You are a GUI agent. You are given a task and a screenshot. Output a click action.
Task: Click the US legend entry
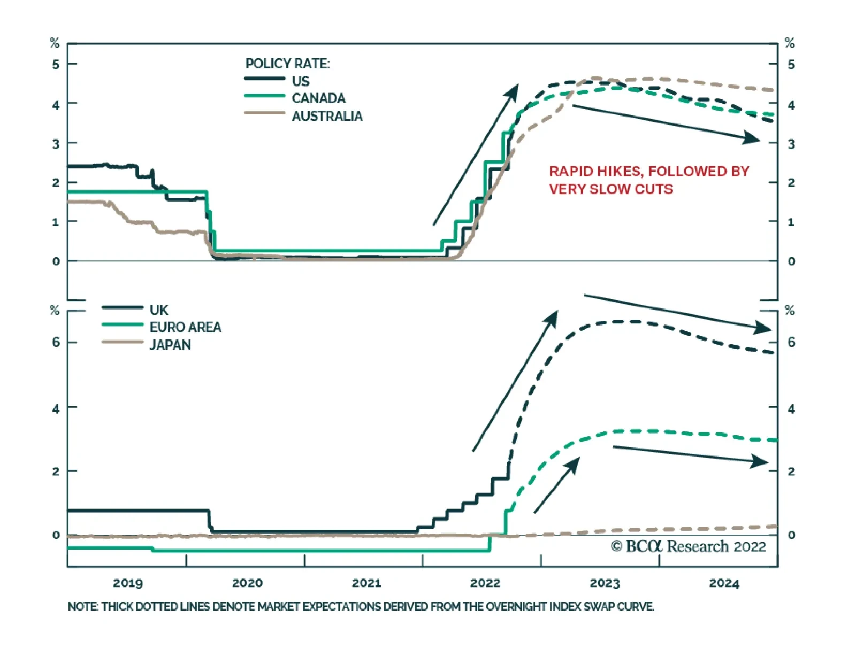coord(300,81)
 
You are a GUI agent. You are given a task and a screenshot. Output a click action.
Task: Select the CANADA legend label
coord(318,98)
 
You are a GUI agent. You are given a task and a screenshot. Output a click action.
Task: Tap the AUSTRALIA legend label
coord(327,116)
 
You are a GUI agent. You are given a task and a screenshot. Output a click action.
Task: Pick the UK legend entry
coord(159,310)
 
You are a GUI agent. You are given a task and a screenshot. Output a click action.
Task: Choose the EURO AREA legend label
coord(185,327)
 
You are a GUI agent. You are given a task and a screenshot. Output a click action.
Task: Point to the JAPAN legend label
coord(170,345)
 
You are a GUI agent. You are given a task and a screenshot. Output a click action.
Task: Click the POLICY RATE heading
coord(287,64)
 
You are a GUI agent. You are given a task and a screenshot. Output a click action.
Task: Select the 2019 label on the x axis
coord(128,583)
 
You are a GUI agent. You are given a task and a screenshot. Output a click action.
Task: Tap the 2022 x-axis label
coord(485,583)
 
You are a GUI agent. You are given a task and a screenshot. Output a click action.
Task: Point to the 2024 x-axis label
coord(724,583)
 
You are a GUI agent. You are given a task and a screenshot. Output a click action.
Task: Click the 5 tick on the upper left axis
coord(56,65)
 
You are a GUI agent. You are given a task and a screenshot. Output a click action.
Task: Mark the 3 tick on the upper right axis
coord(791,144)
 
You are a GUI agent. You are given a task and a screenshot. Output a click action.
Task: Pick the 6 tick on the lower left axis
coord(56,342)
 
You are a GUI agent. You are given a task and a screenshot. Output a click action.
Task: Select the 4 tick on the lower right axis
coord(791,409)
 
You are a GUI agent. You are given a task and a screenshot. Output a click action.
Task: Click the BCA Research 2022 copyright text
coord(689,546)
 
